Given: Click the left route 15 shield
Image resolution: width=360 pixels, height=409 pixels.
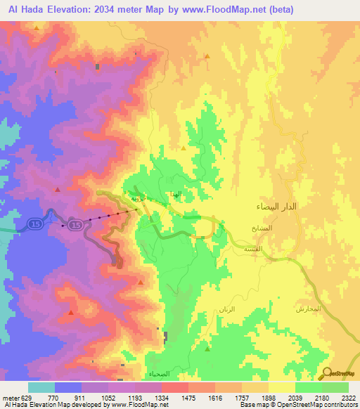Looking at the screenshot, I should click(x=34, y=223).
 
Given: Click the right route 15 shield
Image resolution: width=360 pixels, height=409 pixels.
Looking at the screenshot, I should click(x=77, y=223).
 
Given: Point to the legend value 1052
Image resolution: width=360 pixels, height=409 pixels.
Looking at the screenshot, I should click(x=108, y=398).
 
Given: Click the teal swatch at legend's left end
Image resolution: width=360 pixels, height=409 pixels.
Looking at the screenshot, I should click(x=41, y=387).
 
